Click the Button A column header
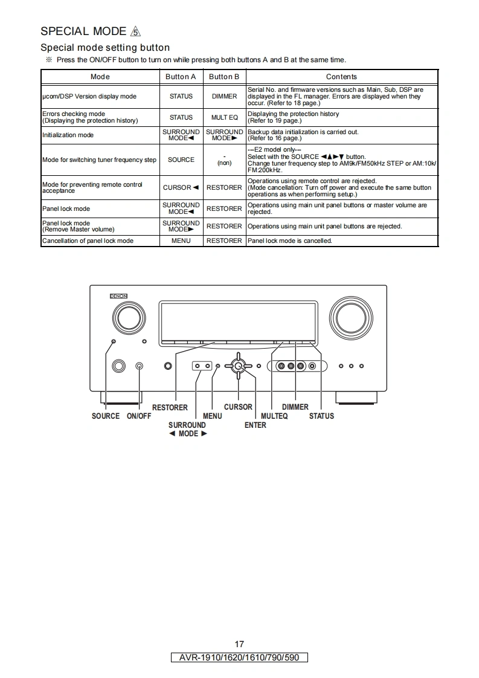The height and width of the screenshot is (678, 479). (181, 77)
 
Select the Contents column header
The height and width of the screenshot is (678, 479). (341, 77)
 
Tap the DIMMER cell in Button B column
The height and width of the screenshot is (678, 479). (224, 97)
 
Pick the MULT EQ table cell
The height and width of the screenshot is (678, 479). (224, 117)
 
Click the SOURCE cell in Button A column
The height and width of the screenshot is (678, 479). (181, 160)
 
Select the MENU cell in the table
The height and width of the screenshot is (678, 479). (181, 241)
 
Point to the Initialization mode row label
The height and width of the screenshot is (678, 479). (68, 135)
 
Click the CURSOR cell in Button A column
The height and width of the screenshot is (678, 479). (181, 187)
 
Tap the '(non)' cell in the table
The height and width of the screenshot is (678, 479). (224, 163)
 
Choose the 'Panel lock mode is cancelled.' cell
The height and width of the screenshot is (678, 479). (290, 241)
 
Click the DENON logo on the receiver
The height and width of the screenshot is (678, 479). (118, 296)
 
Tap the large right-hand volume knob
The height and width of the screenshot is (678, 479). (350, 318)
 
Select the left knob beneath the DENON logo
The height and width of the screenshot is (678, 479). (129, 317)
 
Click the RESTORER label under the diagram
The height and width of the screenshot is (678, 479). (170, 407)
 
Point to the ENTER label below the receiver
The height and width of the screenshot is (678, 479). (256, 425)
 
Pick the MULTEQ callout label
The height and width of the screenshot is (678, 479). (274, 416)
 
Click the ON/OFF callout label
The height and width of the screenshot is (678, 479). (139, 416)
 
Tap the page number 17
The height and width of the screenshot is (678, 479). (239, 644)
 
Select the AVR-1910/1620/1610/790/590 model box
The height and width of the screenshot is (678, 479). (239, 657)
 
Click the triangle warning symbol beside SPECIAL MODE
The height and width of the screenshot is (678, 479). (135, 31)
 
